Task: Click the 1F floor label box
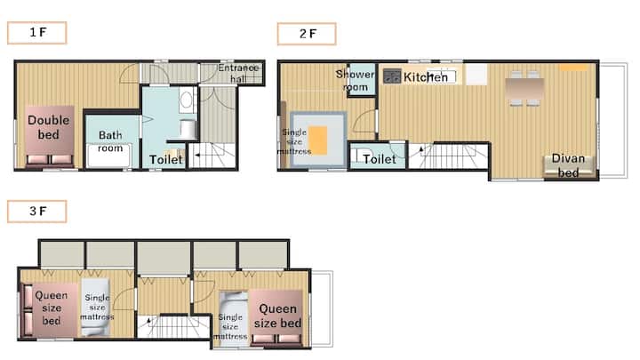36,33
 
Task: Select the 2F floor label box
307,34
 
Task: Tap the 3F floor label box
36,212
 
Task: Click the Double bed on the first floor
50,136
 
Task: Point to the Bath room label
110,141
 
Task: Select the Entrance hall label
238,73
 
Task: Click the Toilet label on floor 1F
165,160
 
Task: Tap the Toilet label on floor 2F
380,159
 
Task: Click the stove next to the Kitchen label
392,76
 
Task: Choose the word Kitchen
426,77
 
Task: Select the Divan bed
569,165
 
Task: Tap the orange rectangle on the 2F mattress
317,140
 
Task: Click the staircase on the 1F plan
212,155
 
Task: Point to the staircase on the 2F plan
449,156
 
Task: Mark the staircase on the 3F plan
174,326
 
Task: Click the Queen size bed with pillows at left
50,309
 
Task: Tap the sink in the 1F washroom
186,100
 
